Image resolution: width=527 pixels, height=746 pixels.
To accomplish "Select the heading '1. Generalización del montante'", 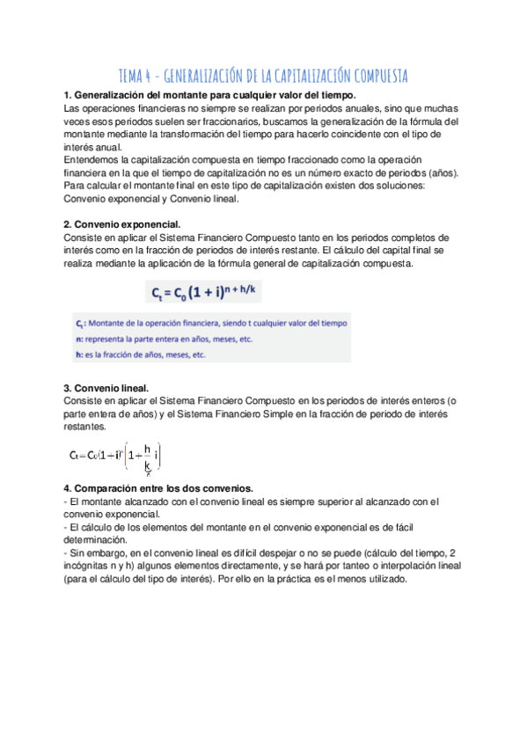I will [x=211, y=95].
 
